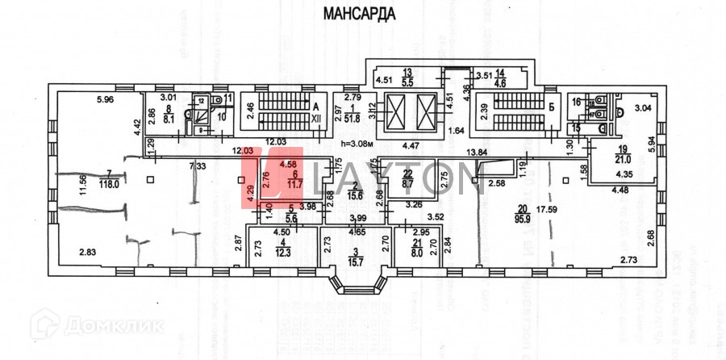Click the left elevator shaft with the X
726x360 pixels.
397,112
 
